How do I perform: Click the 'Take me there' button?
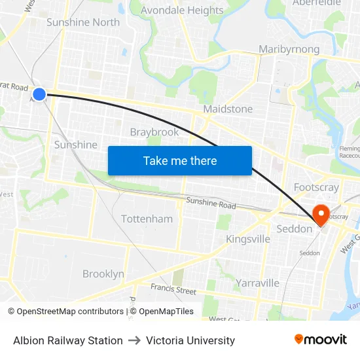coord(180,160)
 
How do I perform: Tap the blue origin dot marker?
coord(39,94)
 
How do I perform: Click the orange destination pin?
coord(321,215)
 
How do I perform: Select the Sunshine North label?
coord(83,22)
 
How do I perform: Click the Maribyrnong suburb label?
coord(289,49)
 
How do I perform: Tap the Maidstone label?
coord(228,109)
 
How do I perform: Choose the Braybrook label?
coord(154,132)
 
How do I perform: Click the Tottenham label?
coord(147,219)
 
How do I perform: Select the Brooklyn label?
coord(103,274)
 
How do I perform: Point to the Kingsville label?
coord(248,239)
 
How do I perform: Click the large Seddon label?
coord(295,229)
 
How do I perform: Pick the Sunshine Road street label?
coord(211,204)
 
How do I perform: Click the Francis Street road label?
coord(173,289)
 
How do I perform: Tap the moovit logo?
coord(321,339)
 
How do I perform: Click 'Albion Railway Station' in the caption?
coord(68,340)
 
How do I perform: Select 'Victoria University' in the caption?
coord(190,340)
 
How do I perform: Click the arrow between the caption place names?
coord(134,340)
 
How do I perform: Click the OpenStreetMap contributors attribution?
coord(65,312)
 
